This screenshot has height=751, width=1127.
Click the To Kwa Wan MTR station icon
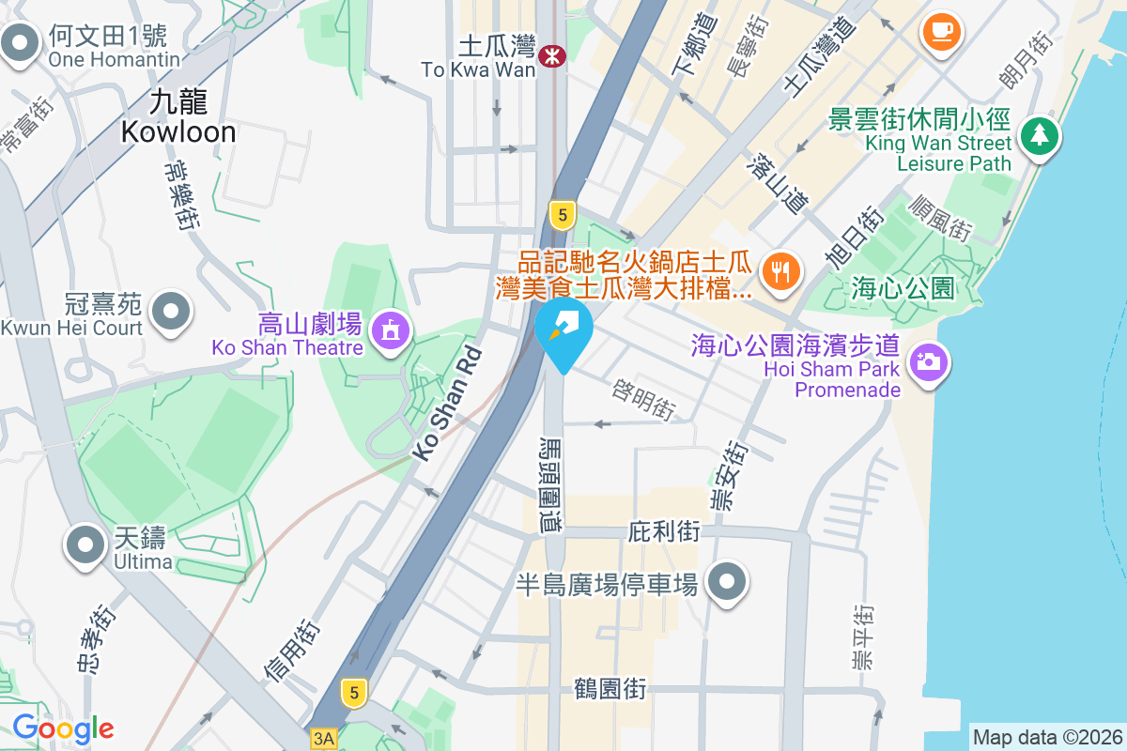[552, 57]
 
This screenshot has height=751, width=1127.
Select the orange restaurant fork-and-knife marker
[780, 272]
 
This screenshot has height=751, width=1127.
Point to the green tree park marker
[1039, 137]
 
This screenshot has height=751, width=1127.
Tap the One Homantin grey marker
[20, 43]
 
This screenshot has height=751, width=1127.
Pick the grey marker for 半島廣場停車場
[726, 582]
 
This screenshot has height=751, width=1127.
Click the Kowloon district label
[178, 116]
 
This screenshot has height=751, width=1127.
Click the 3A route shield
[324, 739]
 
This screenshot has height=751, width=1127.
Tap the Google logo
[63, 728]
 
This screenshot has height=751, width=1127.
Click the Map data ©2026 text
[1047, 737]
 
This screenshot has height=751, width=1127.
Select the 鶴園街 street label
[610, 689]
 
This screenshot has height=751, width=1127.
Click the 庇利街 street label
[663, 532]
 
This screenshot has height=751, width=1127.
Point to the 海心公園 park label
[903, 287]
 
